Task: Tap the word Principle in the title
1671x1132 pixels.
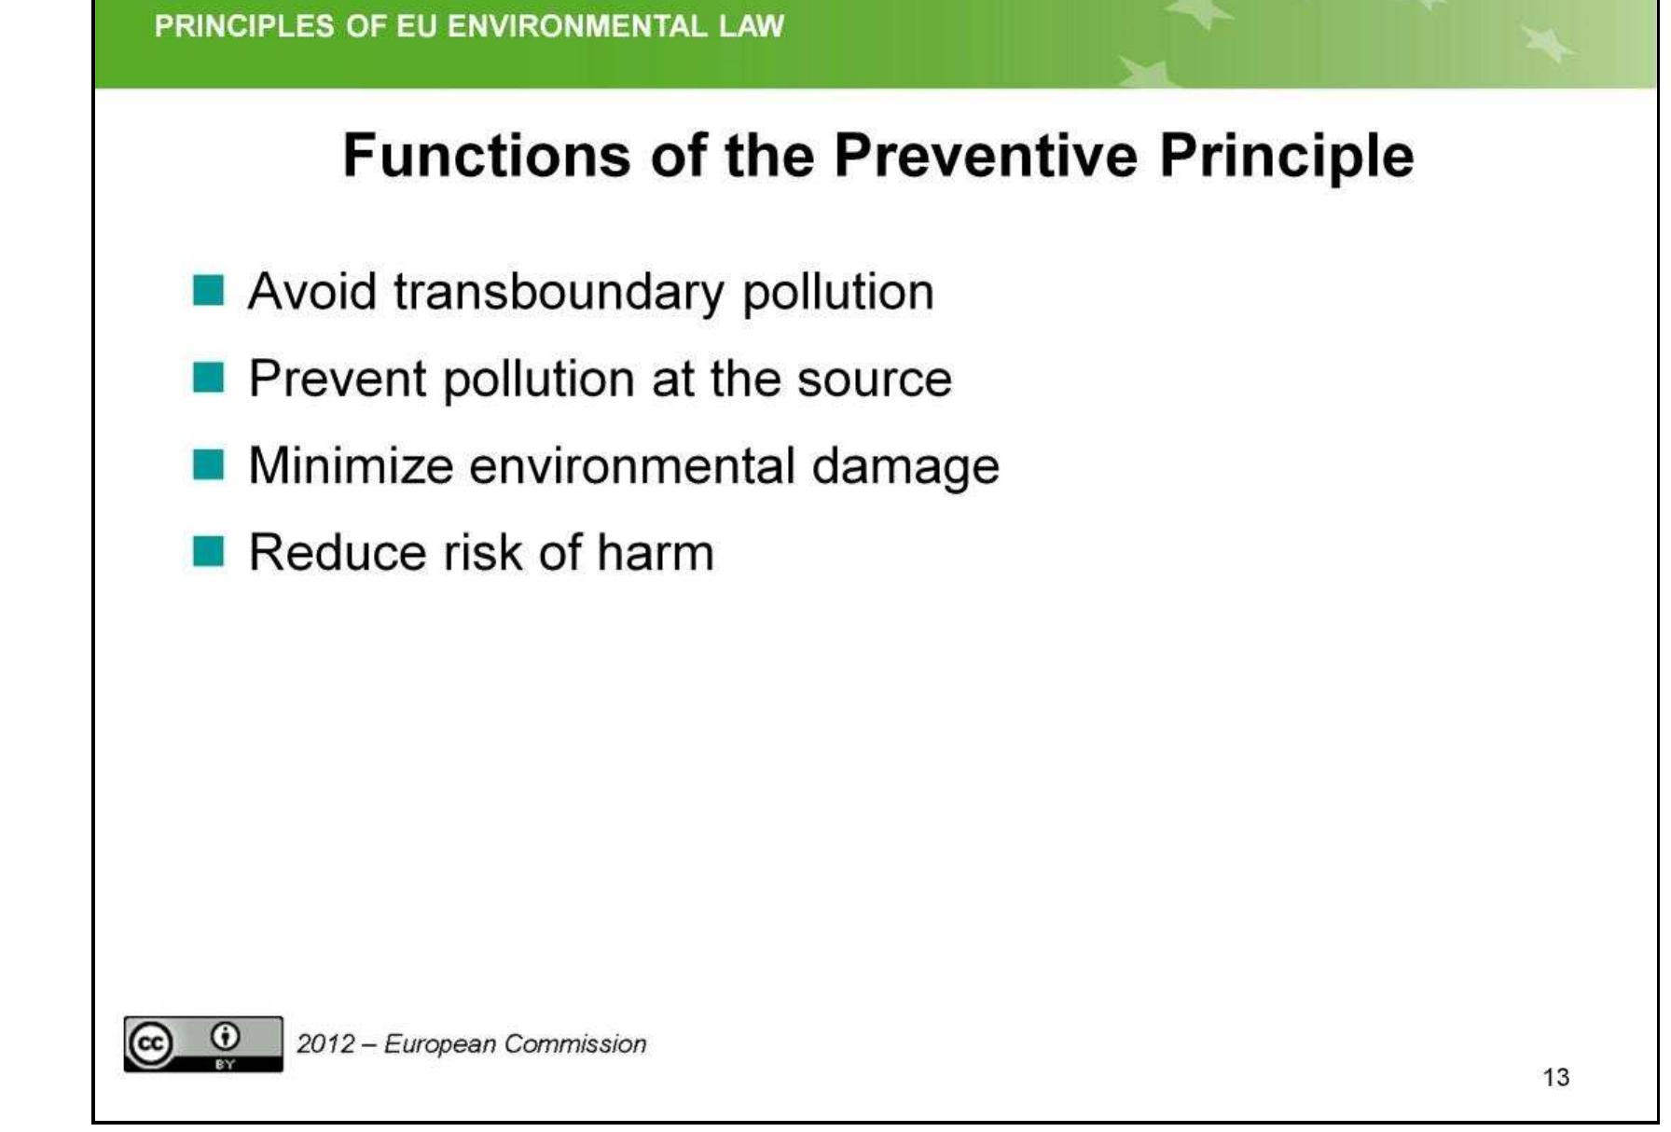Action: (1286, 157)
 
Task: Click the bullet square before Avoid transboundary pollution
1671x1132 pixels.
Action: (208, 291)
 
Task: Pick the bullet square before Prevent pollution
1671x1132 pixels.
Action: (208, 379)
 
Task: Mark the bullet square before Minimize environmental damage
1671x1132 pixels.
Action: (208, 464)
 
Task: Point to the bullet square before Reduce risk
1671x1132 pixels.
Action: (208, 551)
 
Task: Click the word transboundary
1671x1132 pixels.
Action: (558, 292)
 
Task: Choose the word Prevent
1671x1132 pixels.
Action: (337, 380)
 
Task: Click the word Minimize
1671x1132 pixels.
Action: (351, 465)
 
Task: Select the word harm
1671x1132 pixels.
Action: (655, 552)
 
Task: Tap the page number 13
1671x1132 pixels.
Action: (1555, 1078)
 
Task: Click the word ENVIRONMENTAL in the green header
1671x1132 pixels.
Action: (575, 26)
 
